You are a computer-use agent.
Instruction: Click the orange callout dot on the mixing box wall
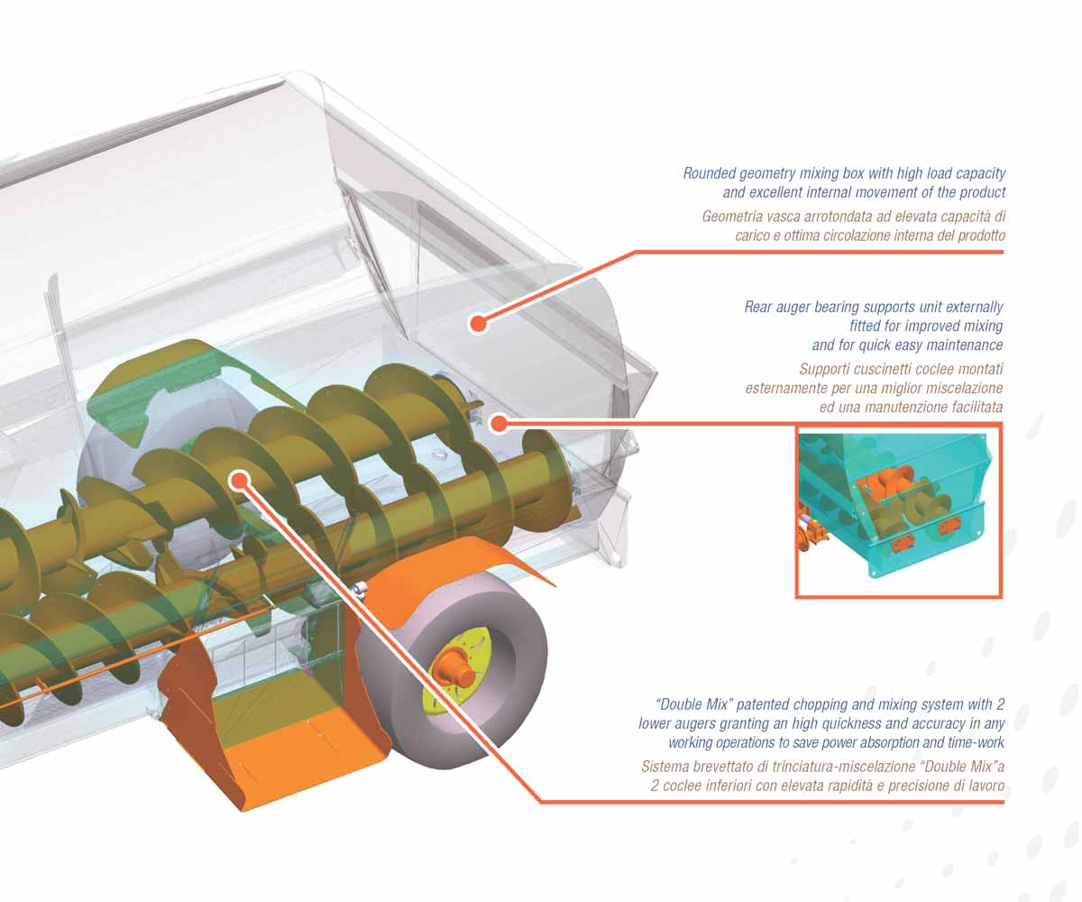point(478,324)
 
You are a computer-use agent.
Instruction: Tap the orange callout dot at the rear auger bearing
point(499,424)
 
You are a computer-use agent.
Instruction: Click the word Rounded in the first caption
point(709,173)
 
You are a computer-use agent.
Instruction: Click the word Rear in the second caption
point(758,307)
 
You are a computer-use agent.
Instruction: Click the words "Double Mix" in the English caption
point(694,704)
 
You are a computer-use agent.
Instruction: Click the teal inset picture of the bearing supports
point(899,511)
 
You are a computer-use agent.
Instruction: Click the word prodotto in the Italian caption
point(982,236)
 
